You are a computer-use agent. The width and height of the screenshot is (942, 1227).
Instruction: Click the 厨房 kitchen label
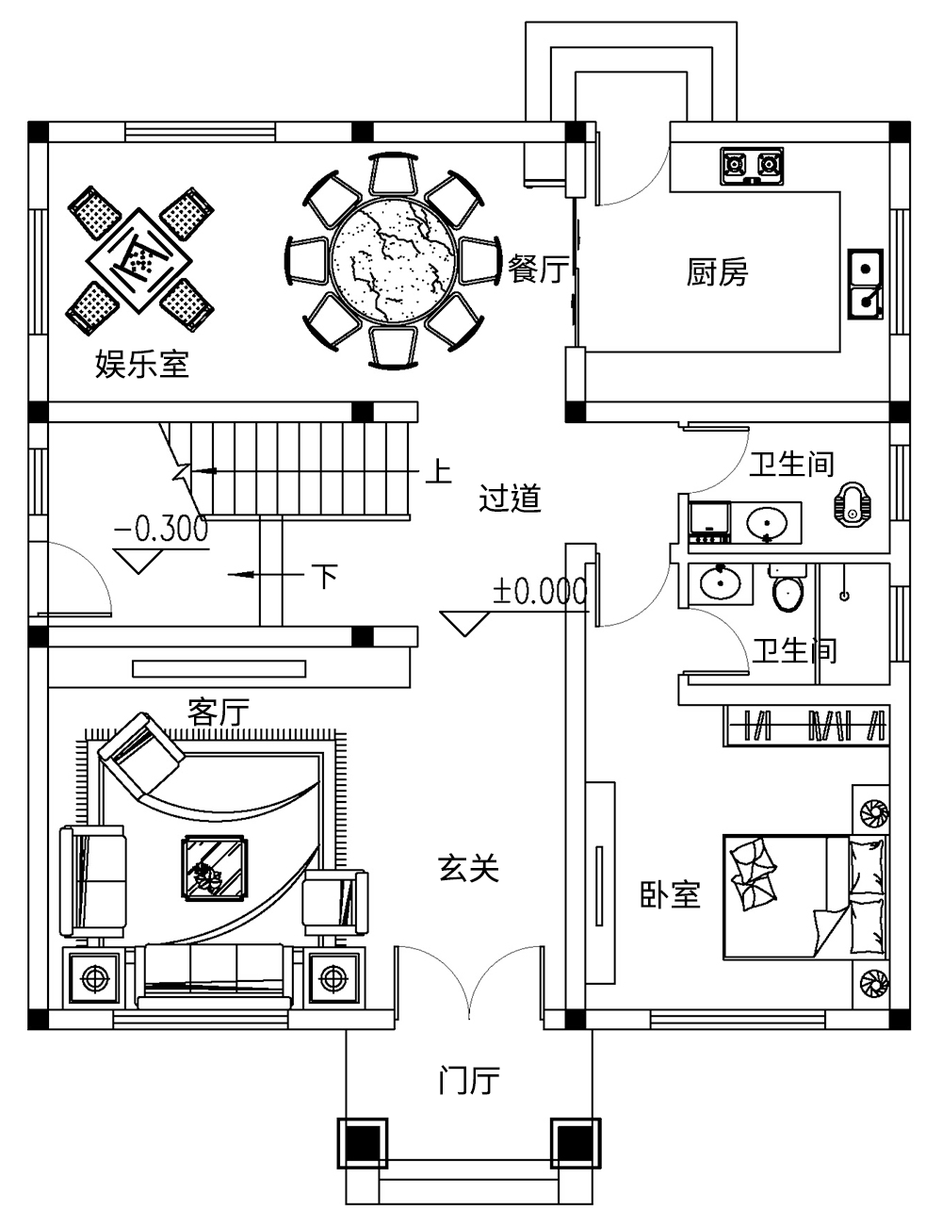point(717,273)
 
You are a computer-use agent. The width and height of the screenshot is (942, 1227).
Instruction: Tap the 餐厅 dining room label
point(538,270)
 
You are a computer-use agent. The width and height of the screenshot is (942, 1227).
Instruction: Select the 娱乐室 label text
point(142,364)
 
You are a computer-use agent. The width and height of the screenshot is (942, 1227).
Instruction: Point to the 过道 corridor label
point(510,498)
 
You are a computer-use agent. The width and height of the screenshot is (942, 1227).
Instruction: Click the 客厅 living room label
point(219,712)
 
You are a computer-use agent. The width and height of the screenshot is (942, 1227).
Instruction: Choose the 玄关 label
point(468,868)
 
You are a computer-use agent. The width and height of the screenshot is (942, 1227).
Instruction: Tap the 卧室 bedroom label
point(671,894)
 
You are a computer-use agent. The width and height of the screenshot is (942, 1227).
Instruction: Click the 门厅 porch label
point(469,1080)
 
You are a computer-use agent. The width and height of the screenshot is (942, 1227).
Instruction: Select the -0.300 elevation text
point(161,530)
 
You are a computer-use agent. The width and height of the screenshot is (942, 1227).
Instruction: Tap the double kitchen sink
point(865,283)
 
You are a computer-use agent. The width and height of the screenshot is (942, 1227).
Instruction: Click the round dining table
point(394,258)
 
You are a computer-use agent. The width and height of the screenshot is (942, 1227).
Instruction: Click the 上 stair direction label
point(437,470)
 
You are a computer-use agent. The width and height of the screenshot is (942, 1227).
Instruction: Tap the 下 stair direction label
point(325,575)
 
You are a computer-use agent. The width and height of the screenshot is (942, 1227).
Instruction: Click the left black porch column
point(362,1143)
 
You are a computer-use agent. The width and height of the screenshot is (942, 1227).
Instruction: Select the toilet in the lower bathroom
point(787,590)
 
